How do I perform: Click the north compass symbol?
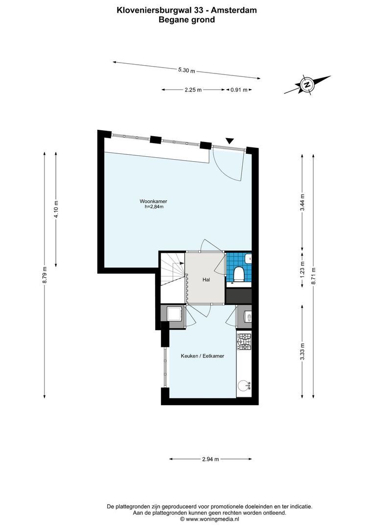click(307, 84)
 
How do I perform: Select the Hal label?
click(207, 280)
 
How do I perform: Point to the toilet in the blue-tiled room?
click(239, 273)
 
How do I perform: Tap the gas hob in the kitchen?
click(244, 340)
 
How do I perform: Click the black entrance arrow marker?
click(229, 141)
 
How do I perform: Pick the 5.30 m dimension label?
click(186, 71)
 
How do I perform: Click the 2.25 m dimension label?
click(193, 90)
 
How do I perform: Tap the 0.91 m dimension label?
click(238, 90)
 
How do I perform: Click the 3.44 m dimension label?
click(303, 202)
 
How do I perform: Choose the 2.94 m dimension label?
click(210, 459)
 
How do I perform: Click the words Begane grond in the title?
click(187, 20)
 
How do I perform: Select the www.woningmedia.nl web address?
click(212, 518)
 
